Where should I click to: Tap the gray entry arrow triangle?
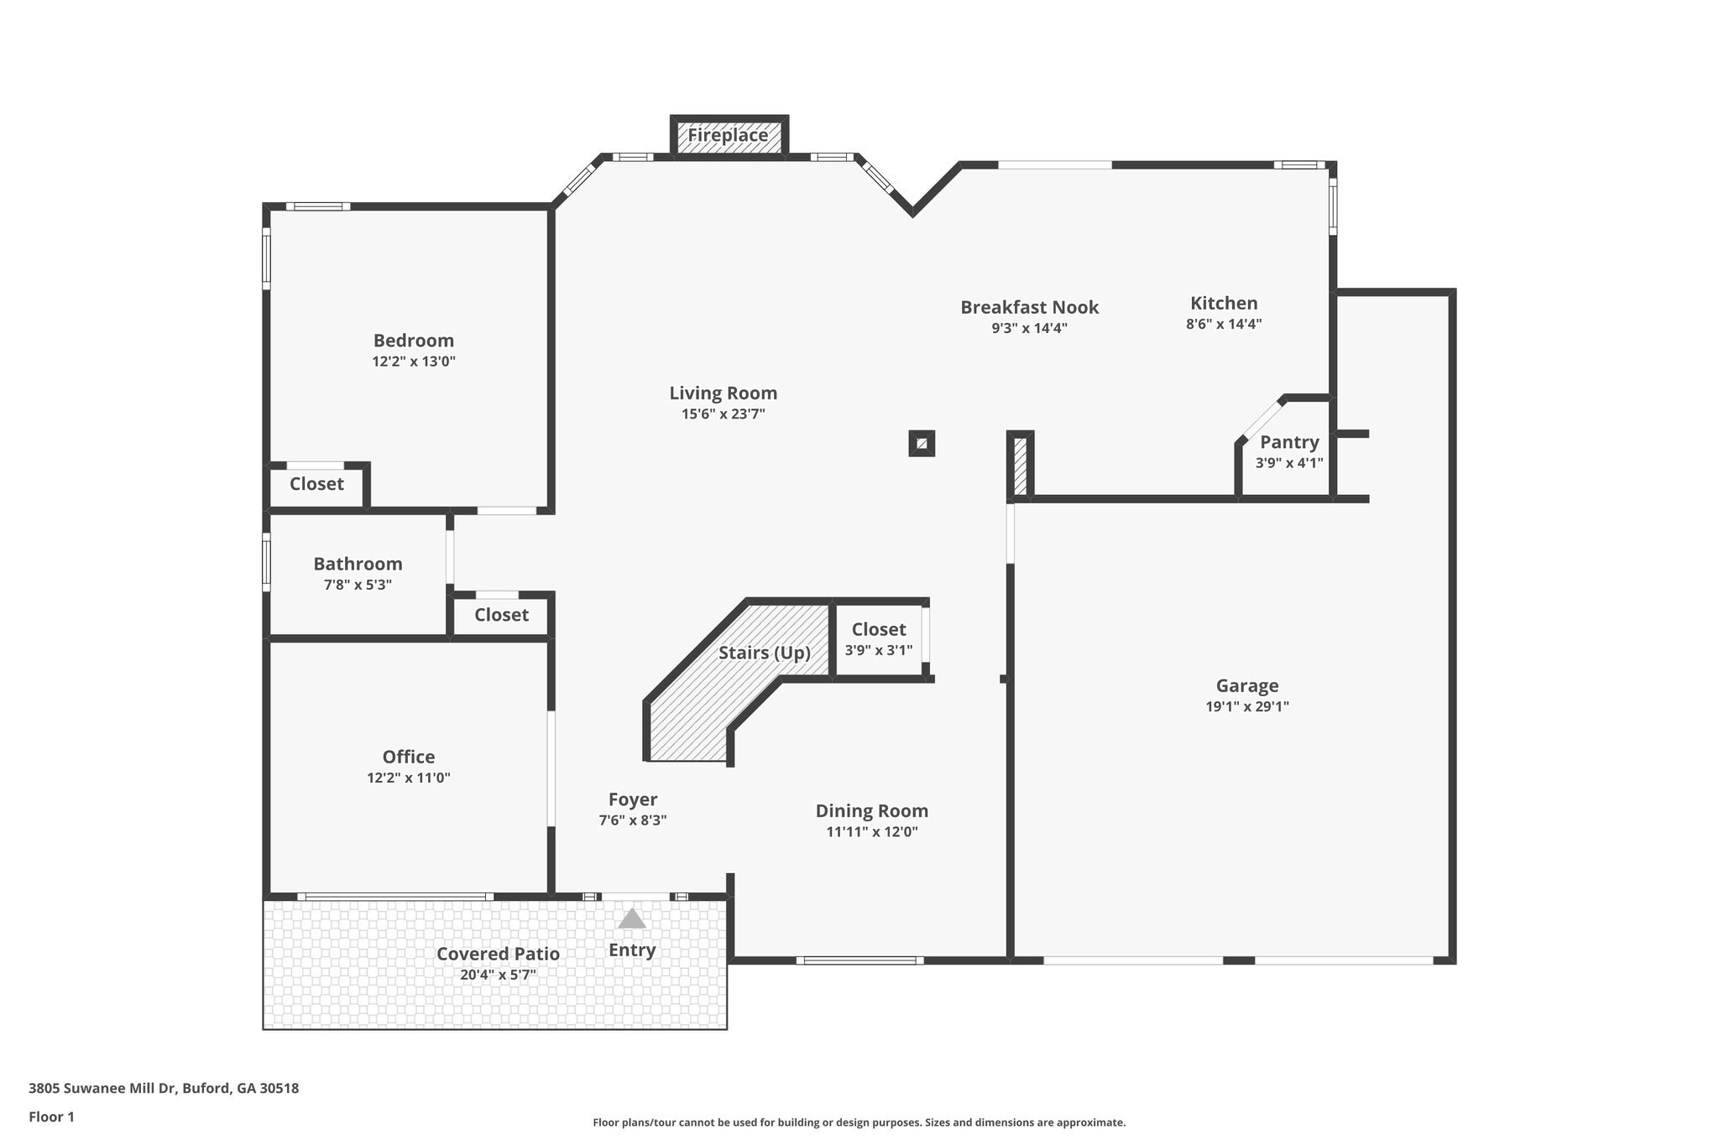pyautogui.click(x=632, y=919)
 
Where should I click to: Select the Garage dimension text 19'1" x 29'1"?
pyautogui.click(x=1247, y=706)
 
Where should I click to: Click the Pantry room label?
pyautogui.click(x=1289, y=442)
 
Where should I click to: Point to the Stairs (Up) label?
pyautogui.click(x=765, y=653)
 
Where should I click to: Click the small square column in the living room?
pyautogui.click(x=922, y=444)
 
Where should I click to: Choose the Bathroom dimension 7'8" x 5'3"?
pyautogui.click(x=358, y=585)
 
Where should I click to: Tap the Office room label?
pyautogui.click(x=409, y=757)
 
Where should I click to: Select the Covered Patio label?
pyautogui.click(x=498, y=954)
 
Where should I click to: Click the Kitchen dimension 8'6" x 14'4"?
pyautogui.click(x=1224, y=324)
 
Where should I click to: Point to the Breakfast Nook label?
pyautogui.click(x=1030, y=308)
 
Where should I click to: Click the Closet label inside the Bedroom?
pyautogui.click(x=316, y=484)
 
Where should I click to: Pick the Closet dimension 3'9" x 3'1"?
pyautogui.click(x=878, y=650)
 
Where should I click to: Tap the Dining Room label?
pyautogui.click(x=872, y=811)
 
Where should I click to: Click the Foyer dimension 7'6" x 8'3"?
pyautogui.click(x=633, y=820)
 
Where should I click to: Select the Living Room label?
pyautogui.click(x=724, y=393)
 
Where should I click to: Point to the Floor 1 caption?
pyautogui.click(x=51, y=1116)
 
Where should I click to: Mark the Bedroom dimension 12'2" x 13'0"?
pyautogui.click(x=414, y=362)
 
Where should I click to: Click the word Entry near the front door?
pyautogui.click(x=632, y=950)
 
